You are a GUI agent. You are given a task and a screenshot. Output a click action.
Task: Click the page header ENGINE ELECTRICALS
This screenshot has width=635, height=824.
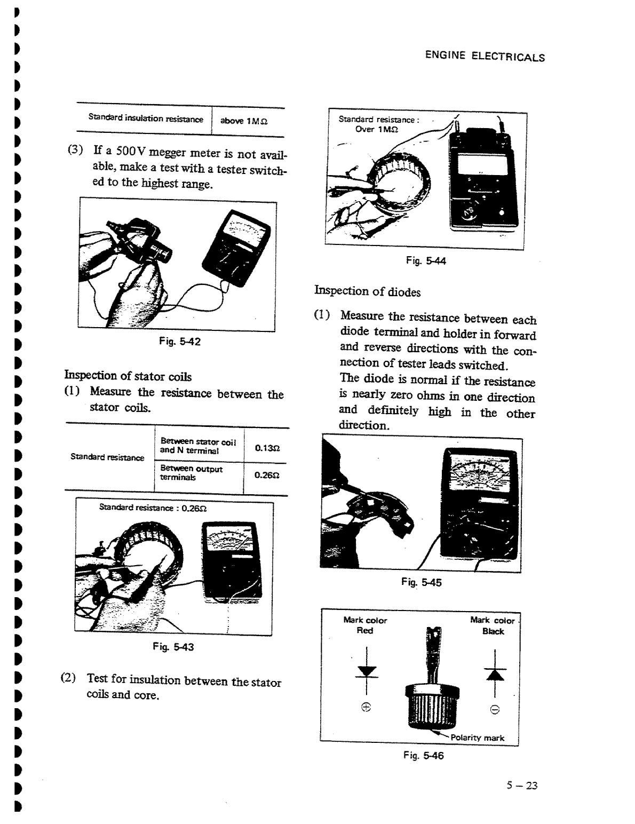[485, 56]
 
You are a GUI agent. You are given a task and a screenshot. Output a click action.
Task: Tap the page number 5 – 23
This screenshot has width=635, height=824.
[522, 785]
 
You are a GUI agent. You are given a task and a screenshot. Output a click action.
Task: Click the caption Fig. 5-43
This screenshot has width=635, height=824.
[173, 647]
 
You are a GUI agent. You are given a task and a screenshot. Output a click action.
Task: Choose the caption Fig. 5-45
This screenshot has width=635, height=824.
[421, 582]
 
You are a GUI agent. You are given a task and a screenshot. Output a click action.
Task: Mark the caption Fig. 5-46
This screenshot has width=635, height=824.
[424, 755]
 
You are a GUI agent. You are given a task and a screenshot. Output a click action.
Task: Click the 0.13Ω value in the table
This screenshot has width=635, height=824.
[265, 448]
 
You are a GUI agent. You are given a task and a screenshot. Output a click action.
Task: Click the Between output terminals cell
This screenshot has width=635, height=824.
[192, 473]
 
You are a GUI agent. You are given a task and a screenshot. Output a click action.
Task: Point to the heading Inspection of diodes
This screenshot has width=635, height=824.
[367, 291]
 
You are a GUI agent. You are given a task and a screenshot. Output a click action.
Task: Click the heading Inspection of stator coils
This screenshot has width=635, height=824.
[128, 376]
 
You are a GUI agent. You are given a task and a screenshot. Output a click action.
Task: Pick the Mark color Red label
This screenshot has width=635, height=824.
[365, 625]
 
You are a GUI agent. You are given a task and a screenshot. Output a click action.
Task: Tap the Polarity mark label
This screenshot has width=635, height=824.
[477, 738]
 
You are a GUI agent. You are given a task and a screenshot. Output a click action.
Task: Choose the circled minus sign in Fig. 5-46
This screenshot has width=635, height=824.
[495, 709]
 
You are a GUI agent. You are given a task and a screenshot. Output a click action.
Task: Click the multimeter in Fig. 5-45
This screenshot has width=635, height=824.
[480, 504]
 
